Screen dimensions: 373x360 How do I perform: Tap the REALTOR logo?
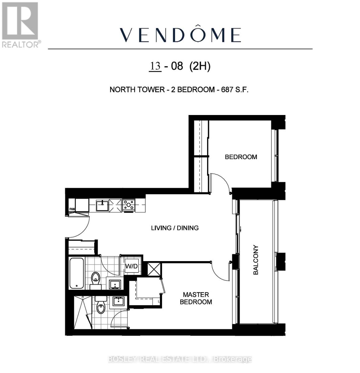(20, 25)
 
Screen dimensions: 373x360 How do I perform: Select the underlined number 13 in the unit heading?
(155, 66)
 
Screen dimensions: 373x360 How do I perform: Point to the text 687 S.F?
(235, 90)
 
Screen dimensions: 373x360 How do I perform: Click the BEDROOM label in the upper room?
(241, 157)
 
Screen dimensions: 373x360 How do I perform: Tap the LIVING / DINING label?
(175, 228)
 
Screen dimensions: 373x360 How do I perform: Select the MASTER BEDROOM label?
(196, 298)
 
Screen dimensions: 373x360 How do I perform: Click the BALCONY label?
(256, 260)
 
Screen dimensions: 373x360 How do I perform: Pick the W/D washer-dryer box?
(131, 266)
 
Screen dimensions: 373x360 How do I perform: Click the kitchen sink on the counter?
(102, 205)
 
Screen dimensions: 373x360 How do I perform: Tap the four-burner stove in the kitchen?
(129, 205)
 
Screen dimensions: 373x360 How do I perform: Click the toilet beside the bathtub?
(96, 278)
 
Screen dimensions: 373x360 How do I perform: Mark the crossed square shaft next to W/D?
(155, 269)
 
